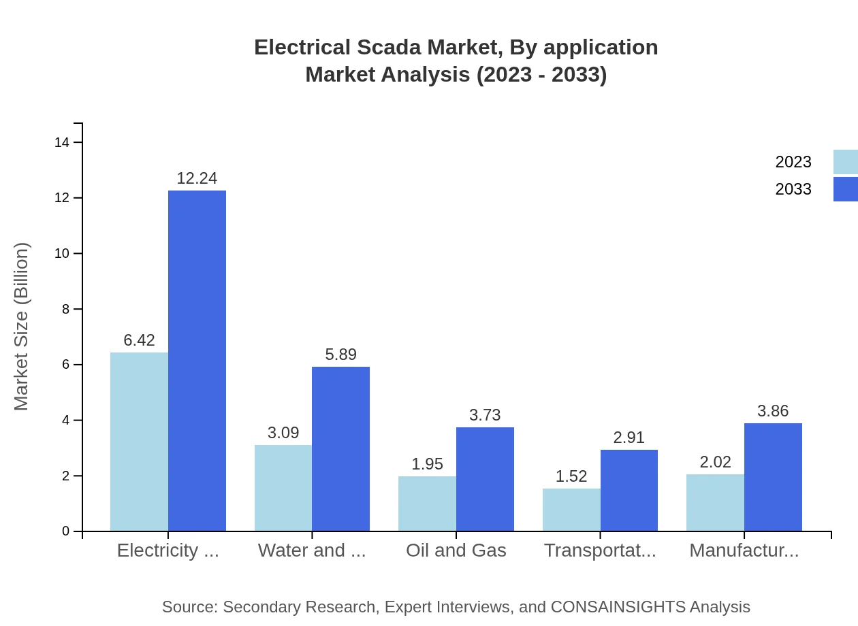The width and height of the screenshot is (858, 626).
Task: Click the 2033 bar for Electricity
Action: (197, 361)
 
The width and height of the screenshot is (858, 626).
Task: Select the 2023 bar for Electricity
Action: (139, 442)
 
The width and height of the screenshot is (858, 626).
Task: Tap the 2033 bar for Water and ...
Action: (340, 449)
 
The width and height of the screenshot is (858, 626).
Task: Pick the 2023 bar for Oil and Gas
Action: (427, 504)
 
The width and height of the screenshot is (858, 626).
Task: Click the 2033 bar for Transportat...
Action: (629, 491)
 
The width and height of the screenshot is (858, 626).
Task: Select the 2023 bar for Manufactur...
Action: (715, 502)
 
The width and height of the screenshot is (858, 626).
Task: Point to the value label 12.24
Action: (197, 178)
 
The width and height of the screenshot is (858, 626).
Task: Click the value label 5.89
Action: (340, 355)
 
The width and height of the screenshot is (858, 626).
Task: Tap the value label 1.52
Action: (571, 476)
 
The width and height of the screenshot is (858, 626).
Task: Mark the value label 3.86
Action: (773, 411)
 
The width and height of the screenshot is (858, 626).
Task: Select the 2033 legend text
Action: (793, 189)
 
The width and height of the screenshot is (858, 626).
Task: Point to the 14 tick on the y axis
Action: (62, 142)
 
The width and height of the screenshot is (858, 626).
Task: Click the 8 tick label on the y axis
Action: (66, 309)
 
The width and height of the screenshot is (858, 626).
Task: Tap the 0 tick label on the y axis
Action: (66, 531)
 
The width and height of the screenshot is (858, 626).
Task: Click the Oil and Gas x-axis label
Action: (456, 550)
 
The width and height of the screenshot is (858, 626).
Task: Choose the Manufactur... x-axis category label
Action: (744, 550)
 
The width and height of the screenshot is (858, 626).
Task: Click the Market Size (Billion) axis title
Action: (22, 327)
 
